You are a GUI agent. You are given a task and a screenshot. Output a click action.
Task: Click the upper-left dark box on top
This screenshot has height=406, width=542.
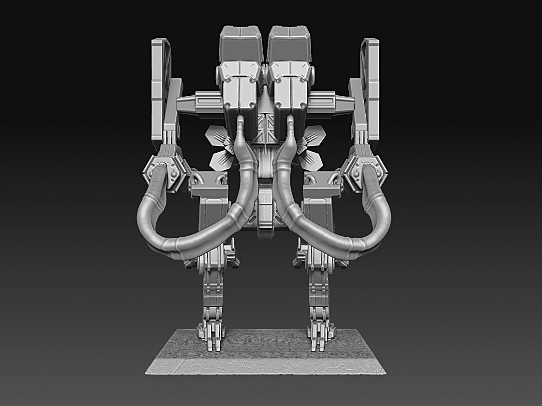[x=241, y=44]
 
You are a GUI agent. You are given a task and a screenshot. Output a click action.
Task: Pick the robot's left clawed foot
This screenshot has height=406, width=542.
[x=211, y=336]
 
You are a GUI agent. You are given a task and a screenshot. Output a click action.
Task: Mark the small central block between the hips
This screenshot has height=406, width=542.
[x=265, y=213]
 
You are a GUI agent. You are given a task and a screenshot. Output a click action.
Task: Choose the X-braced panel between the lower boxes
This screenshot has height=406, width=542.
[x=265, y=127]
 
